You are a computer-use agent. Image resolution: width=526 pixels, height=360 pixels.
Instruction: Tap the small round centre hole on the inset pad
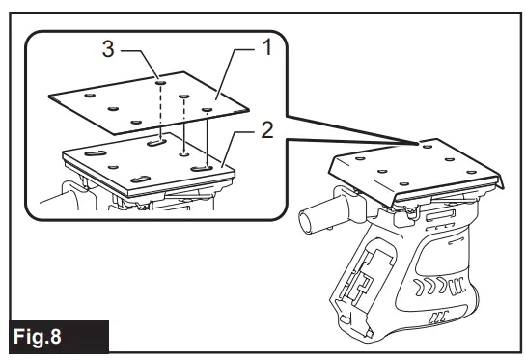click(x=183, y=152)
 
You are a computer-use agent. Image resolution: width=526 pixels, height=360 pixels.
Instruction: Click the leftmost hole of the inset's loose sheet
click(x=89, y=96)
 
